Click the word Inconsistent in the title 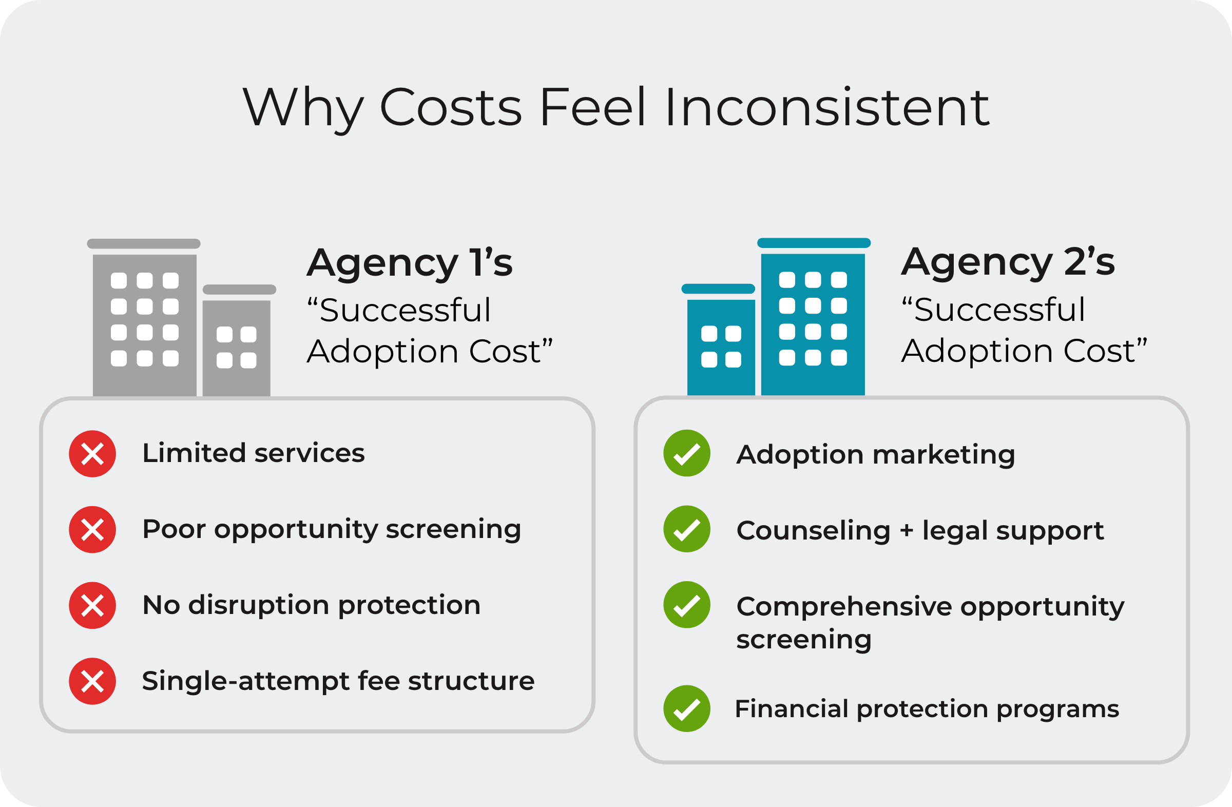[x=827, y=107]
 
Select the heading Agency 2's [x=1008, y=263]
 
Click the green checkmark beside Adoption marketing [x=687, y=453]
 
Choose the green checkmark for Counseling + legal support [x=687, y=529]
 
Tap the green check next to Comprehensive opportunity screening [x=687, y=605]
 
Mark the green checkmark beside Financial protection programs [x=687, y=708]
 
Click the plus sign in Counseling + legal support [x=907, y=531]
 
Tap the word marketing [x=944, y=455]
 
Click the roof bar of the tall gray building [x=144, y=244]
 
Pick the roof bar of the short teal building [x=718, y=289]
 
